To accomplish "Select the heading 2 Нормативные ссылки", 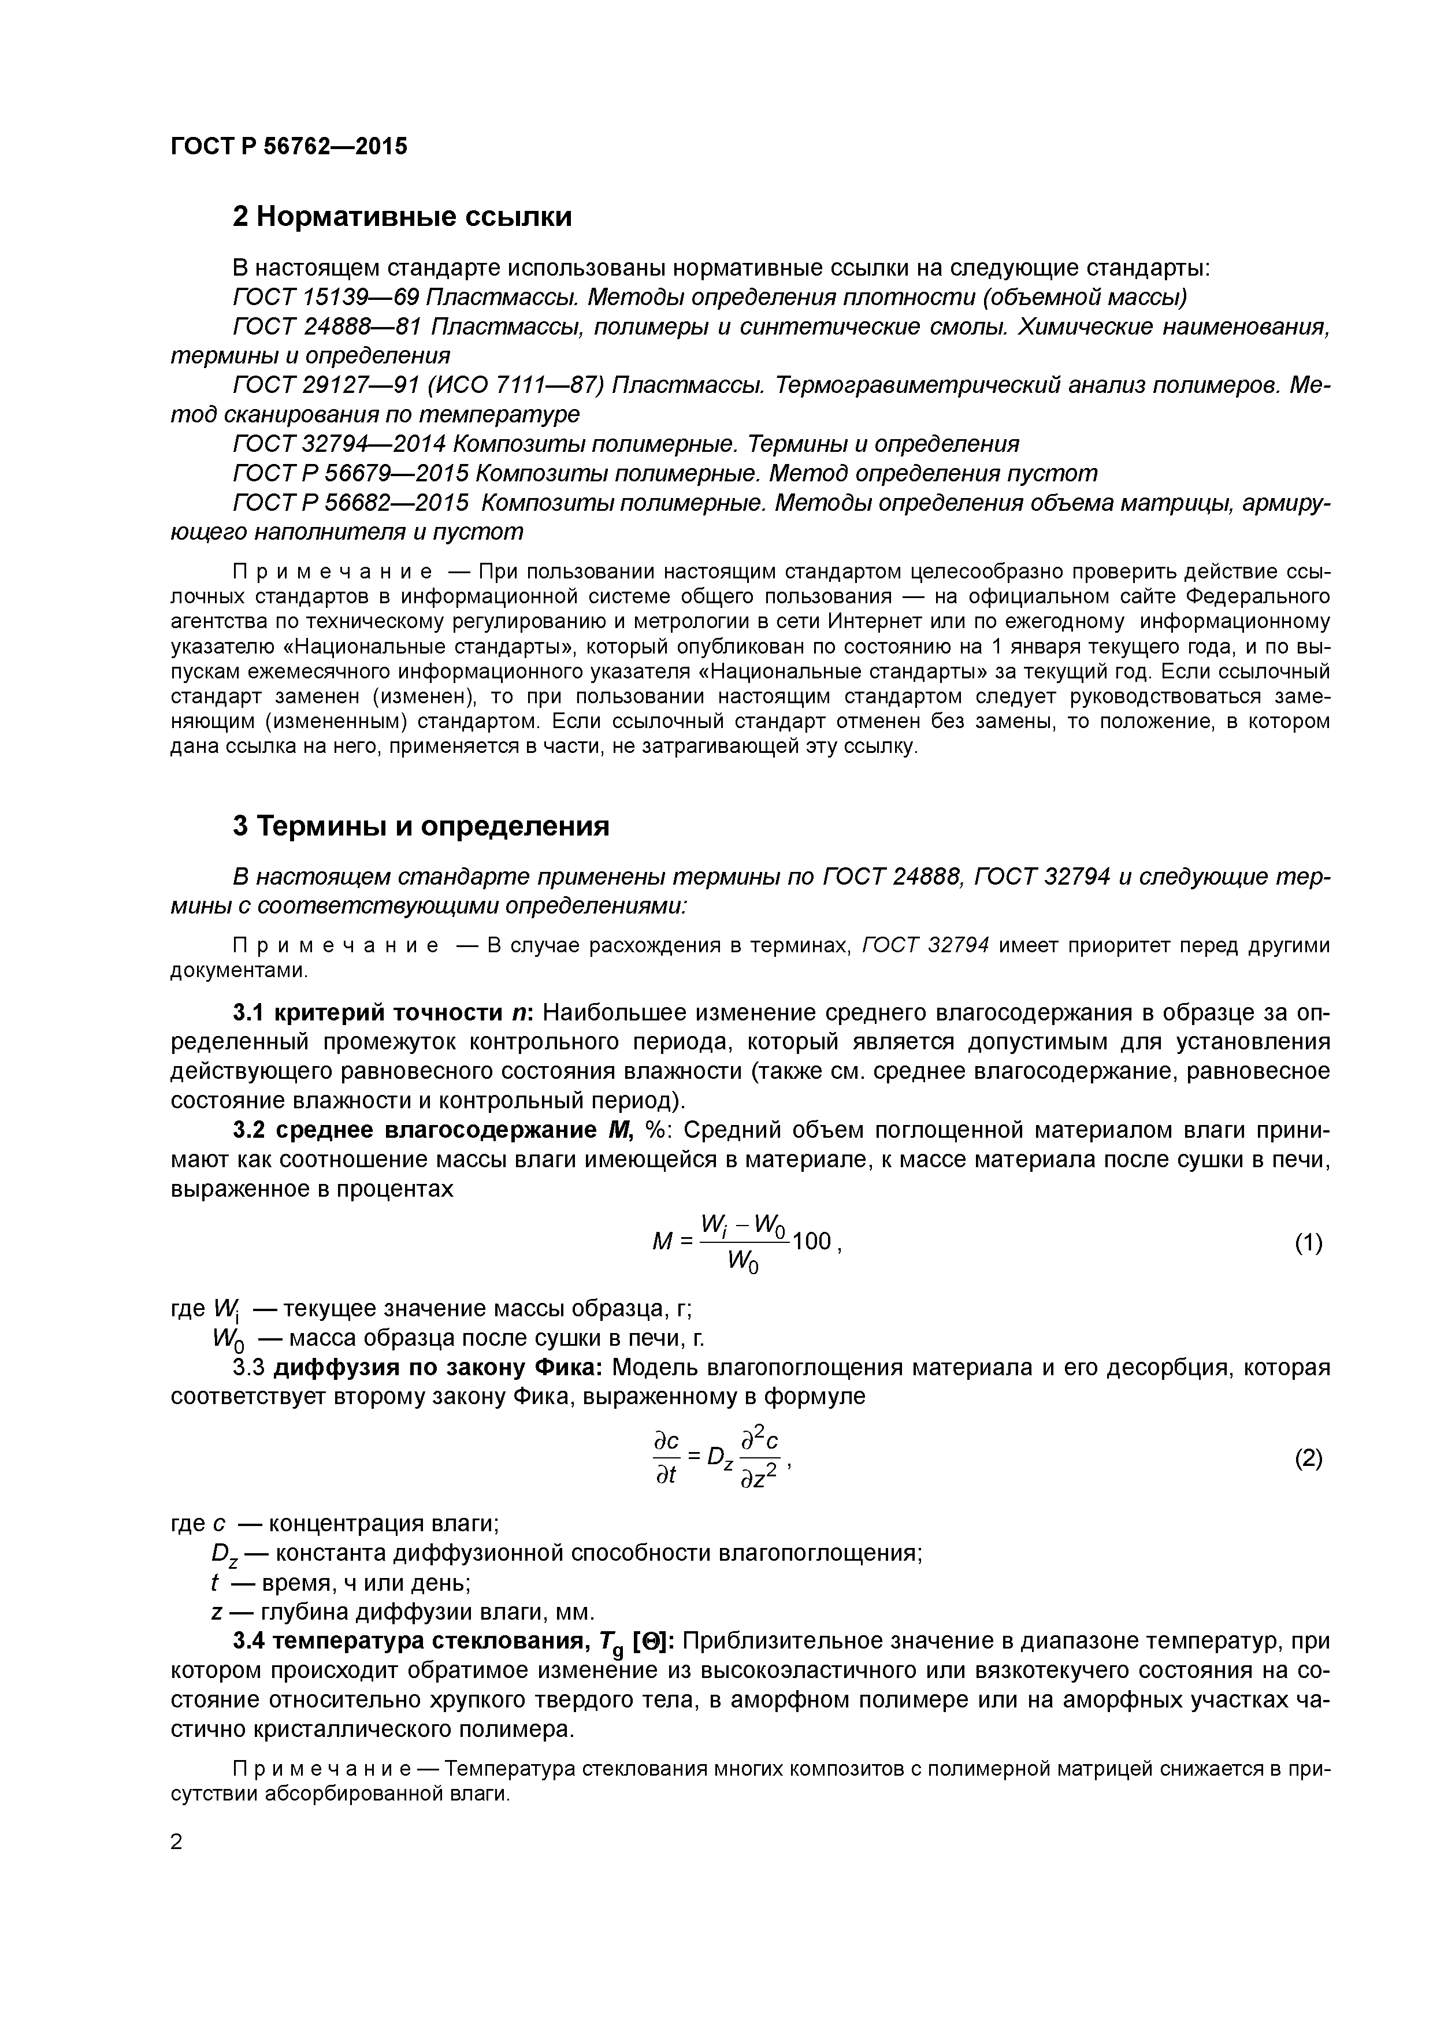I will pyautogui.click(x=402, y=216).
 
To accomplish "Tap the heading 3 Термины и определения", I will pyautogui.click(x=421, y=826).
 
